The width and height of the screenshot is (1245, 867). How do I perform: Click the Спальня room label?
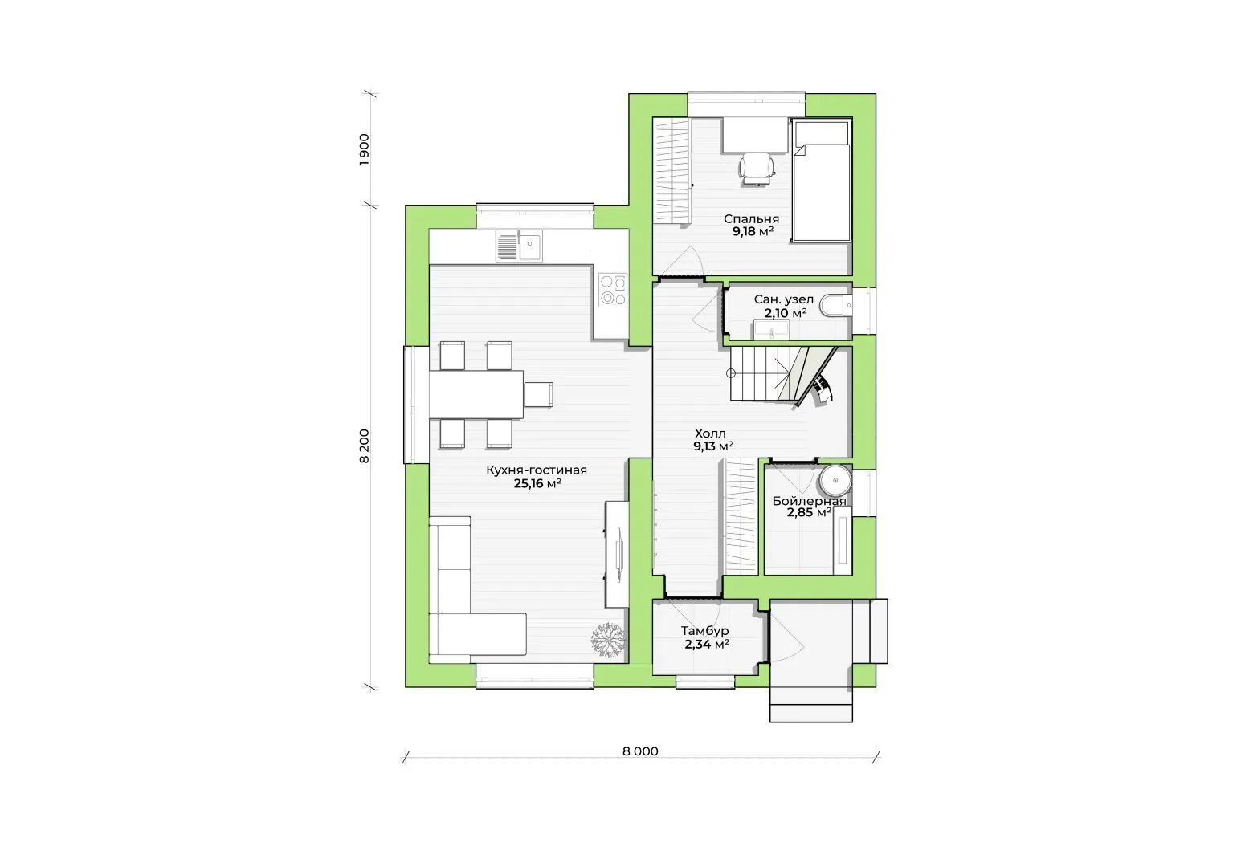[x=751, y=219]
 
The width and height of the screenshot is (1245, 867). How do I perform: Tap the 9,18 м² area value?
[x=753, y=232]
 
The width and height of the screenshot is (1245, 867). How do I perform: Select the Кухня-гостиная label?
[x=537, y=470]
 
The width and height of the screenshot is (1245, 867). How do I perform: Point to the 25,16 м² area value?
[x=537, y=483]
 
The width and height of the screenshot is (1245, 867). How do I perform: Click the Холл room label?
[x=710, y=433]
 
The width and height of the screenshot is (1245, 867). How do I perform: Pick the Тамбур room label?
[x=704, y=631]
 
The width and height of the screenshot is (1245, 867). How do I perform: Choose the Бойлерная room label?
[x=809, y=501]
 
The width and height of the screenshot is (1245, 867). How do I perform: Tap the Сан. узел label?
[x=784, y=299]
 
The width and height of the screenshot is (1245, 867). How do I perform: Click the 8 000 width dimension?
[x=640, y=751]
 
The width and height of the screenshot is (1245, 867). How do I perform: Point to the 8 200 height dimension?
[x=365, y=446]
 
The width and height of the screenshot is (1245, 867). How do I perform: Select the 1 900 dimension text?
[x=365, y=149]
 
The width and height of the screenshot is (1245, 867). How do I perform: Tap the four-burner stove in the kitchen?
[x=613, y=290]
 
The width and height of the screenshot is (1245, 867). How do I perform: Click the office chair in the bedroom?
[x=757, y=168]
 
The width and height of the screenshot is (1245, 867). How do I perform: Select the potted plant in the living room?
[x=608, y=641]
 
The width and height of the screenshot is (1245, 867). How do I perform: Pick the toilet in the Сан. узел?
[x=836, y=305]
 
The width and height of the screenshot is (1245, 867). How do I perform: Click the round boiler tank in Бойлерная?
[x=836, y=481]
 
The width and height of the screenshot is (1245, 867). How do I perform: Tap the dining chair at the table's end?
[x=539, y=394]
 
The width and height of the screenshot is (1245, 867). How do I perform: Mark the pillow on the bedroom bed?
[x=822, y=133]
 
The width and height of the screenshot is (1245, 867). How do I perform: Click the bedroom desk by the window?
[x=756, y=134]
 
